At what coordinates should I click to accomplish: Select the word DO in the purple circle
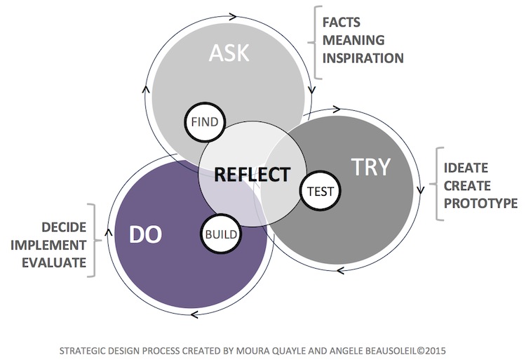pos(145,234)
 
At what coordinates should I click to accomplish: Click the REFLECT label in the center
pos(252,174)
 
